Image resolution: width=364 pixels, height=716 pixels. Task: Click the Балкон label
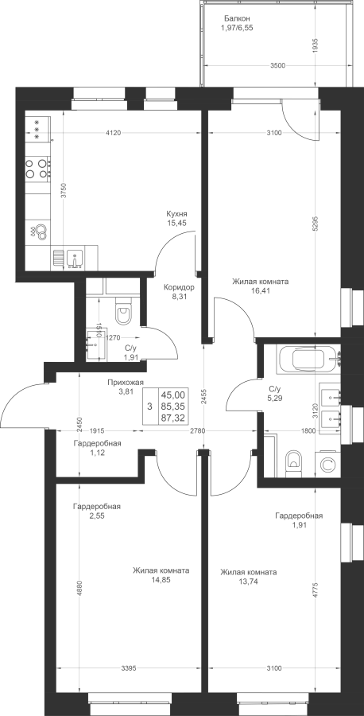pos(236,19)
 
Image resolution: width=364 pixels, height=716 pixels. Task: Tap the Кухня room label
pos(177,214)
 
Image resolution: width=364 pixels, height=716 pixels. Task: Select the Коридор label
pos(180,288)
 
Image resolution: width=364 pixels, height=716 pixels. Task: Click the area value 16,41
pos(261,290)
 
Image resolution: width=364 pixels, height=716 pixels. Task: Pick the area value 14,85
pos(161,580)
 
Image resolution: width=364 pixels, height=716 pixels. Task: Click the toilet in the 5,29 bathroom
pos(292,463)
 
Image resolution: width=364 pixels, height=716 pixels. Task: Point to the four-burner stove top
pos(37,168)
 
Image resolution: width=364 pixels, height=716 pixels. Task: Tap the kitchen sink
pos(74,259)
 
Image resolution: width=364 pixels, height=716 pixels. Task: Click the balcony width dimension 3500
pos(277,65)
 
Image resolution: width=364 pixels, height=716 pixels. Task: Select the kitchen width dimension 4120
pos(113,133)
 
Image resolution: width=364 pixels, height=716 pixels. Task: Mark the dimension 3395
pos(129,669)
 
